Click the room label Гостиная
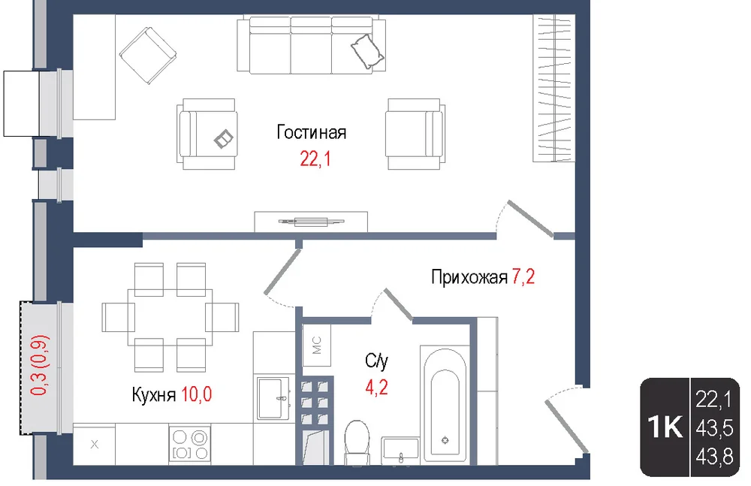[312, 132]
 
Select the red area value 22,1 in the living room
[315, 158]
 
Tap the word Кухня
[154, 395]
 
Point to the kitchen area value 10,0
[196, 395]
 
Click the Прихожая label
[469, 277]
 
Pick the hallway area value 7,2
[523, 276]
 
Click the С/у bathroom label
[376, 361]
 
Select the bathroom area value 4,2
[376, 388]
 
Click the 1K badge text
[665, 426]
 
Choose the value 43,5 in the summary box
[714, 428]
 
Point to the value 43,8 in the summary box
[714, 456]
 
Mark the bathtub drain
[445, 440]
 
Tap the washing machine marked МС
[317, 345]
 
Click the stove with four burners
[190, 444]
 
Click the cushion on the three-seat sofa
[368, 51]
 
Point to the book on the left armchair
[224, 140]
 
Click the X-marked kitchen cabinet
[95, 444]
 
